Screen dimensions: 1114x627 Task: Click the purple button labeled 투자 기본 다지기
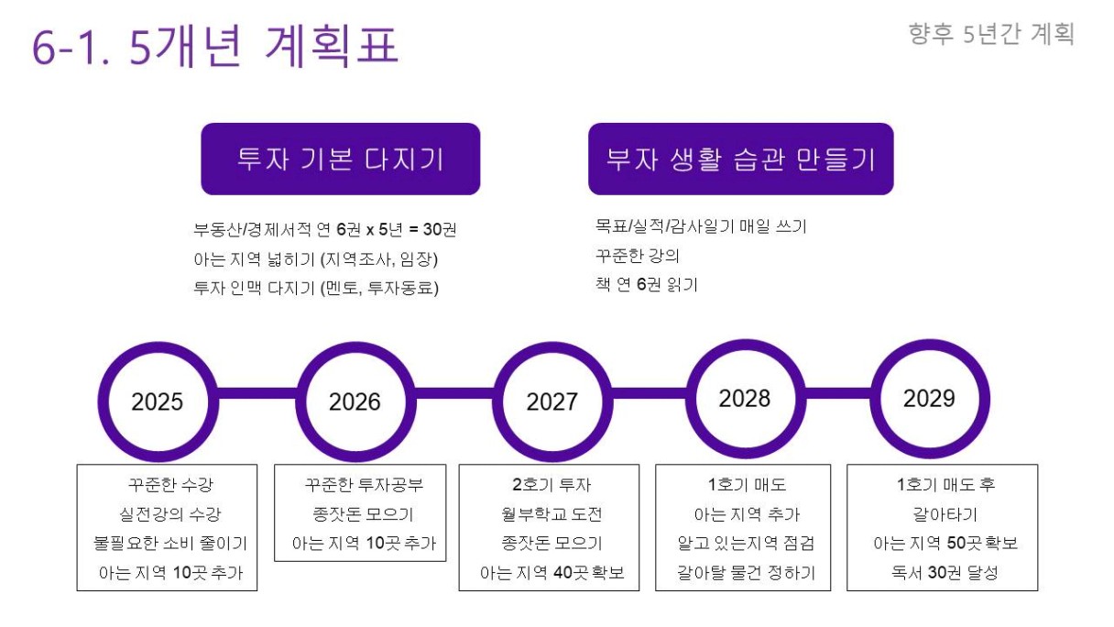click(341, 159)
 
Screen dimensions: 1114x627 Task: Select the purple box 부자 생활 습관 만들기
click(741, 159)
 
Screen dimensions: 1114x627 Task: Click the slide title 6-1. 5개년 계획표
click(215, 46)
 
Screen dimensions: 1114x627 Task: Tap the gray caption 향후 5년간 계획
click(991, 34)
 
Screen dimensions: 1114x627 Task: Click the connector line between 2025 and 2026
click(257, 393)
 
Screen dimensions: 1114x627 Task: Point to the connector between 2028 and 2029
click(838, 393)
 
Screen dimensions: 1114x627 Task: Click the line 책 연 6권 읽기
click(647, 285)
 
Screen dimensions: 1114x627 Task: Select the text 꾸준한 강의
click(637, 256)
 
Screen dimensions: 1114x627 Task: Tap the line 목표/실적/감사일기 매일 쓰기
click(701, 226)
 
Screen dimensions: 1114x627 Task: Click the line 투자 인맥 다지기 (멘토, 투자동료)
click(316, 288)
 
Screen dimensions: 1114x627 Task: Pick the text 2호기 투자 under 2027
click(552, 484)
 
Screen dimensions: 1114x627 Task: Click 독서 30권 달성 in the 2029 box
click(945, 572)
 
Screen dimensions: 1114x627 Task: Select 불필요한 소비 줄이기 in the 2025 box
click(170, 543)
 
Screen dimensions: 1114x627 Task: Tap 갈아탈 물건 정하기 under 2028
click(746, 572)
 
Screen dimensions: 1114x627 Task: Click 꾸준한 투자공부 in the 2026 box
click(364, 484)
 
